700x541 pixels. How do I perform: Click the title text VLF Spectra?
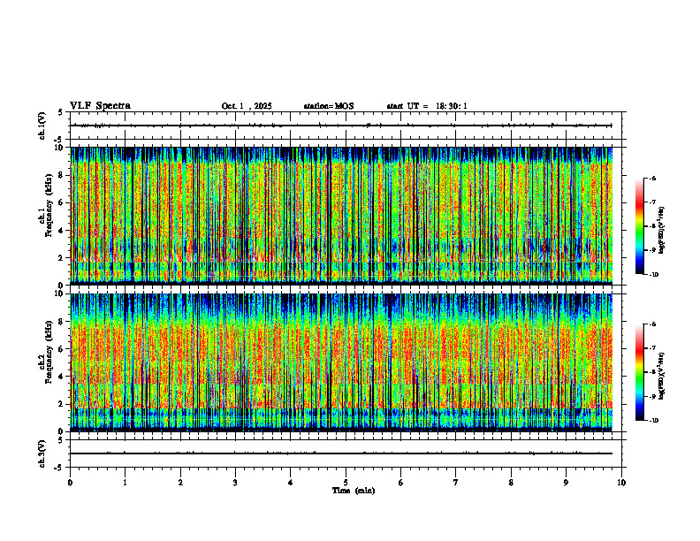[x=100, y=106]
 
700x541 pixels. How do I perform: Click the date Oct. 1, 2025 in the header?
[x=247, y=106]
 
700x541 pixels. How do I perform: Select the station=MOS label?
[x=328, y=106]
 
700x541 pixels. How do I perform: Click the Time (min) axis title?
[x=353, y=491]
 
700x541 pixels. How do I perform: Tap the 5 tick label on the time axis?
[x=346, y=483]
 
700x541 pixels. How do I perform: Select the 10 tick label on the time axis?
[x=621, y=483]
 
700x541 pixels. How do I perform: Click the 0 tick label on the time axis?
[x=70, y=483]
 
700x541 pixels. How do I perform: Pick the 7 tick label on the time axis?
[x=456, y=483]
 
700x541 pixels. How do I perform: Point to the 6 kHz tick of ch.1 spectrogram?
[x=62, y=202]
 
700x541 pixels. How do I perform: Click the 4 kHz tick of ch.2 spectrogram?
[x=62, y=377]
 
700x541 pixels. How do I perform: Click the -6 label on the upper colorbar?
[x=652, y=179]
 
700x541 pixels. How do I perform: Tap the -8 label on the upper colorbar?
[x=652, y=226]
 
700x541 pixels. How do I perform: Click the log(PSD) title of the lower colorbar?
[x=663, y=372]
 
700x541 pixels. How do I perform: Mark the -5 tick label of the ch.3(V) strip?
[x=59, y=466]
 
